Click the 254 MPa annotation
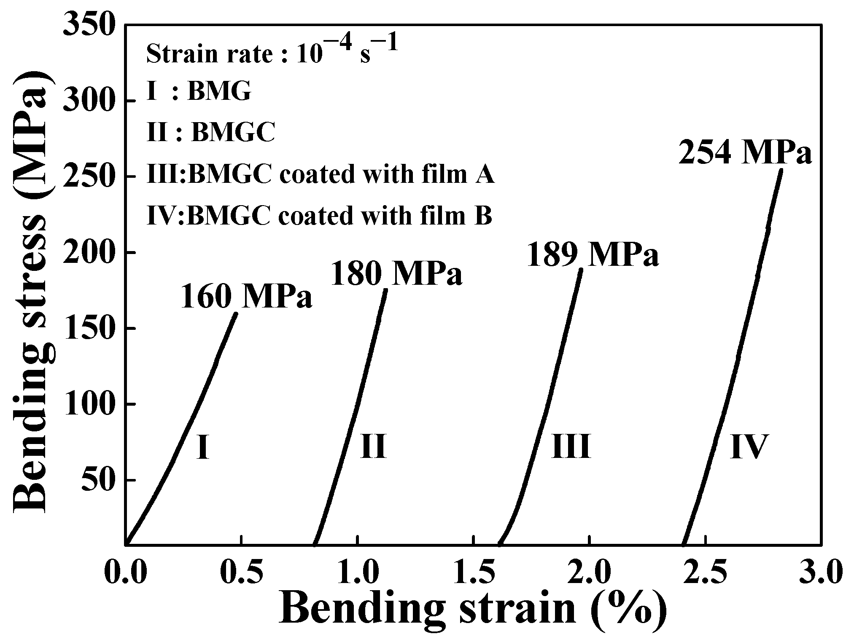coord(745,153)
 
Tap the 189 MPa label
coord(593,255)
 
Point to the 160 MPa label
coord(247,297)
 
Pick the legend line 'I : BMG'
coord(199,91)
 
